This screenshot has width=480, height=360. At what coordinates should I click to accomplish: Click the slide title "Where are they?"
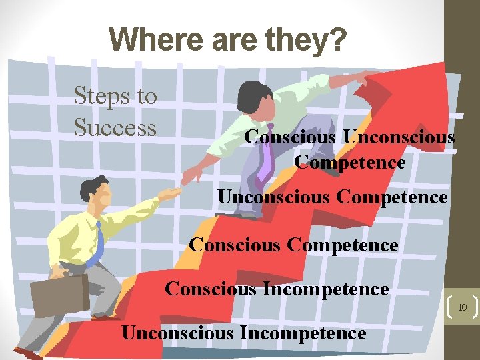228,39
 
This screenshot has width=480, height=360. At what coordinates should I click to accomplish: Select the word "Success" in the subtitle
115,127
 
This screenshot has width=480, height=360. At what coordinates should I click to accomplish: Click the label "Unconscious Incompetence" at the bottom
243,333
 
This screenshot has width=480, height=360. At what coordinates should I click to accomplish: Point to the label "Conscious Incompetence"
276,289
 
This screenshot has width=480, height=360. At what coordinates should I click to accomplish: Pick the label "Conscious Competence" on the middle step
293,245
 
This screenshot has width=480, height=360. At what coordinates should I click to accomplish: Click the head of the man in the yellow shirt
93,190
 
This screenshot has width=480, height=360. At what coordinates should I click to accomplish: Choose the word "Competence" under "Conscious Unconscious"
349,162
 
